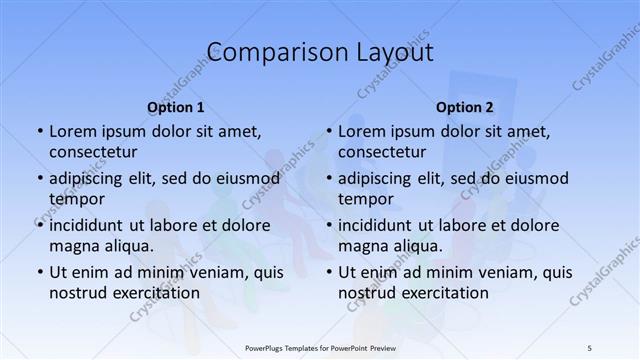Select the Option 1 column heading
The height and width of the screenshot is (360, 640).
coord(176,107)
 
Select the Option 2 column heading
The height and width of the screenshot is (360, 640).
coord(465,107)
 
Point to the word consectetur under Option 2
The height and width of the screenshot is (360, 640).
coord(382,152)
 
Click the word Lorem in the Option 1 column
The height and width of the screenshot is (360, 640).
coord(72,131)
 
